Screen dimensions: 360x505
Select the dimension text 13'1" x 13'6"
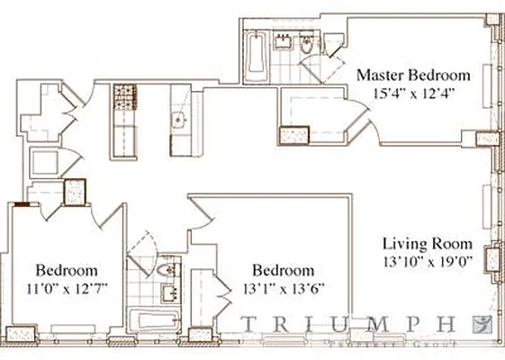(x=284, y=288)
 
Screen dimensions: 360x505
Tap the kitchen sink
(x=178, y=118)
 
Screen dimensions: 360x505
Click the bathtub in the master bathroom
(x=255, y=54)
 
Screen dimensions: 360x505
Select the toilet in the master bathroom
(x=306, y=44)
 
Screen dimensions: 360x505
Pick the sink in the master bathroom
(x=283, y=40)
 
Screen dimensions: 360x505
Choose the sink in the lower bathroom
(x=168, y=292)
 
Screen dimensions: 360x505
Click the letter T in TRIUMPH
(x=248, y=322)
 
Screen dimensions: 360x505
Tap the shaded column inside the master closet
(x=294, y=135)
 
